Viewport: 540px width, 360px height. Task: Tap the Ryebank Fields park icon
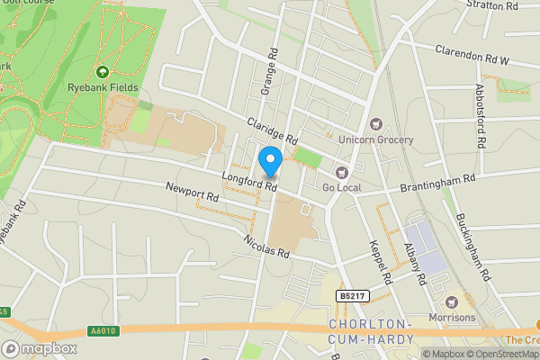(101, 72)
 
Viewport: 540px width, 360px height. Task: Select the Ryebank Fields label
(101, 88)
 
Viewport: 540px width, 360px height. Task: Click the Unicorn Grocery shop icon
(376, 124)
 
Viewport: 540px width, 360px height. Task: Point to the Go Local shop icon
(340, 172)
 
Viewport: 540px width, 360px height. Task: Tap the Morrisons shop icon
(452, 301)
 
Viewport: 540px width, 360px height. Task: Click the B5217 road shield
(352, 295)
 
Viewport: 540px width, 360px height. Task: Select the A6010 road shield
(103, 331)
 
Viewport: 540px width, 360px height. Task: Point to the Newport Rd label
(192, 191)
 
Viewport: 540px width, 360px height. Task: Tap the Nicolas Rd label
(266, 246)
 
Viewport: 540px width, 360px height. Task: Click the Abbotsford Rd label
(480, 116)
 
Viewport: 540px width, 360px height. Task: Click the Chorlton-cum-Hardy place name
(372, 330)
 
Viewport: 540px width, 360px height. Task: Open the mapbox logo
(40, 348)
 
